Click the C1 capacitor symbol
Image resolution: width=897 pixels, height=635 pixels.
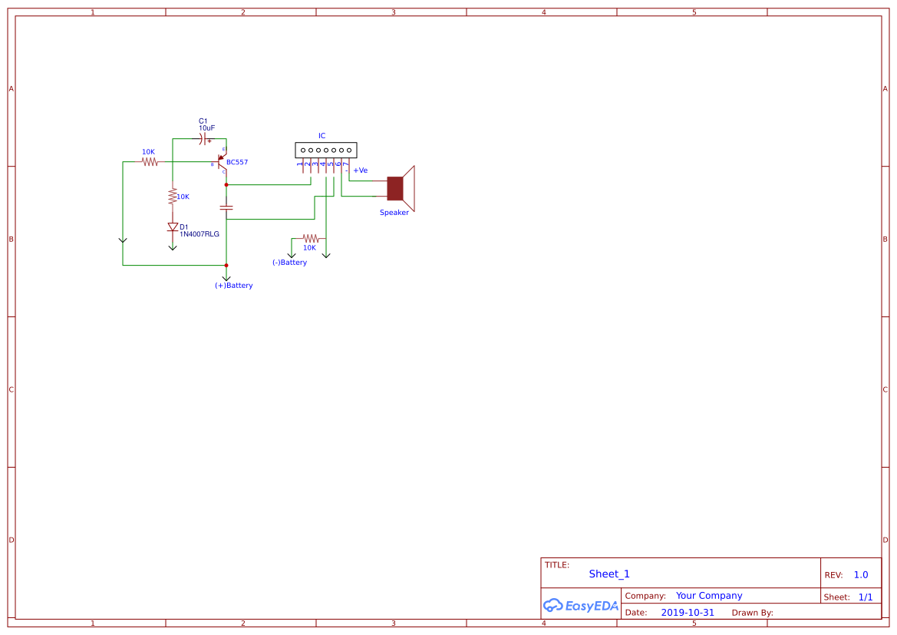click(x=203, y=139)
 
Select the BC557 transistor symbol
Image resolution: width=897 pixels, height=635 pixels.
click(x=221, y=162)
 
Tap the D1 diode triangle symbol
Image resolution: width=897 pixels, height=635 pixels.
click(x=173, y=227)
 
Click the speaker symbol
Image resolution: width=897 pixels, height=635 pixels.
click(x=400, y=188)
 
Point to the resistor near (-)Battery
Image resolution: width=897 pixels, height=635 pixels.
click(x=309, y=239)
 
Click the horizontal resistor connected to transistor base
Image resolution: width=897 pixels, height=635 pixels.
click(x=150, y=162)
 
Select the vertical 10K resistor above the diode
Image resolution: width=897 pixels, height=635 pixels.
click(x=173, y=197)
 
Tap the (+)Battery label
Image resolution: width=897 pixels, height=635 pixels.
click(x=233, y=286)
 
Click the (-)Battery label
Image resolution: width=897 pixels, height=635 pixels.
click(x=289, y=263)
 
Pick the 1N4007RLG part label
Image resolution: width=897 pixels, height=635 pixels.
click(x=200, y=234)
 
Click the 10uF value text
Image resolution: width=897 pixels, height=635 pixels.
click(x=206, y=128)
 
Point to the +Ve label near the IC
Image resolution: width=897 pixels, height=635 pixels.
click(x=360, y=170)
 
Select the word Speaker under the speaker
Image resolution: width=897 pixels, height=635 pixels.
click(x=394, y=213)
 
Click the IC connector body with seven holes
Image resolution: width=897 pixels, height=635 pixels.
click(x=326, y=150)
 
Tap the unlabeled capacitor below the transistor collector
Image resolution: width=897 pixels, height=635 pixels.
click(x=226, y=207)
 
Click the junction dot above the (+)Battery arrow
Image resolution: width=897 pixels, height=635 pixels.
click(x=226, y=265)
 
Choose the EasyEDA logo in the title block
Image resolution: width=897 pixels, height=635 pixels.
click(x=580, y=606)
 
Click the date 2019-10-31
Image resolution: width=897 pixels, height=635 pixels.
click(x=687, y=613)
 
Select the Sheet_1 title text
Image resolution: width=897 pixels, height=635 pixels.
click(x=609, y=574)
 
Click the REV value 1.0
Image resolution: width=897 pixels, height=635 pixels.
click(x=860, y=575)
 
